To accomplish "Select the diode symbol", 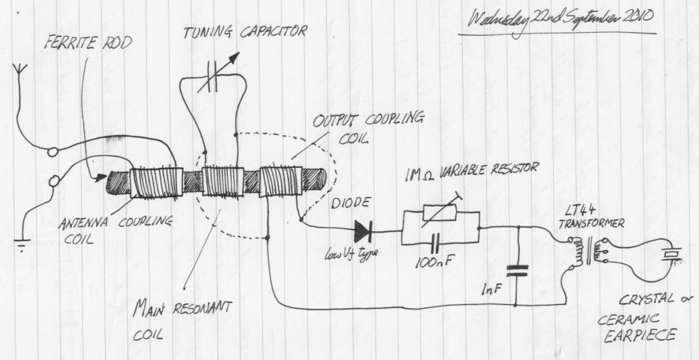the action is click(x=364, y=231).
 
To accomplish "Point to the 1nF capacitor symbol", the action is click(x=517, y=270).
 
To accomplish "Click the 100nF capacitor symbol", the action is click(x=435, y=243).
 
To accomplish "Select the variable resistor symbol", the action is click(x=439, y=212).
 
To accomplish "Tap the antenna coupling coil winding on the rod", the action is click(x=156, y=183).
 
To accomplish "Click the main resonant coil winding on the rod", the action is click(x=223, y=181).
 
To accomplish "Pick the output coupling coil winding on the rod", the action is click(x=280, y=181).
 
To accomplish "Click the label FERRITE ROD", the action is click(x=88, y=43).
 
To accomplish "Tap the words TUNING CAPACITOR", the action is click(x=245, y=32).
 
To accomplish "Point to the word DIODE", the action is click(x=351, y=203).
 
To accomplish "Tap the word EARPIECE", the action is click(x=640, y=335).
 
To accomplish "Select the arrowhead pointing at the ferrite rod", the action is click(x=101, y=178).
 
